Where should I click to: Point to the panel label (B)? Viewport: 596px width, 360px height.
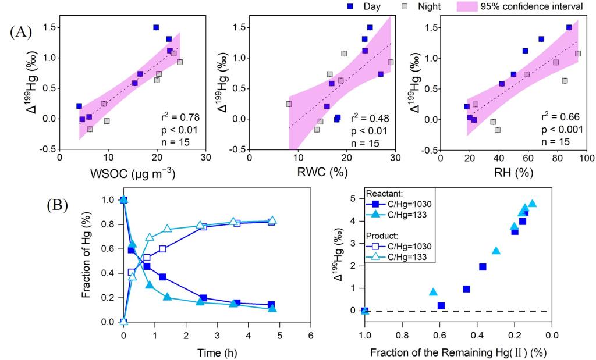[57, 205]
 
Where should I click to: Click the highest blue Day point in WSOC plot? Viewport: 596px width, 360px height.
[156, 27]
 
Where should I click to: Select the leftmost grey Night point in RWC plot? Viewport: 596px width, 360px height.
[289, 104]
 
